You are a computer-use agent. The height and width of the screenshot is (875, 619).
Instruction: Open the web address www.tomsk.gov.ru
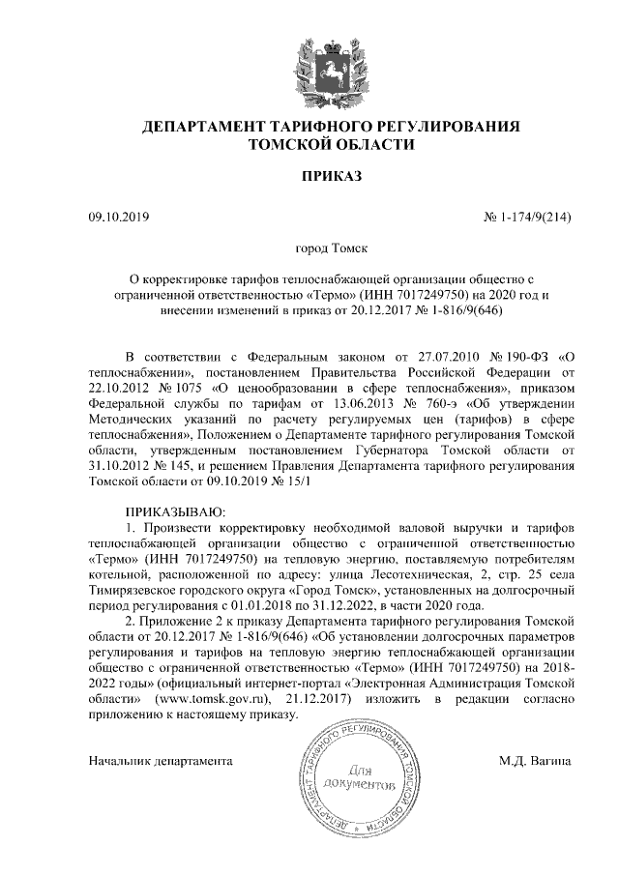206,700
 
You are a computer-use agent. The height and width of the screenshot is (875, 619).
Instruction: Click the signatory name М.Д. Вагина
535,761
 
